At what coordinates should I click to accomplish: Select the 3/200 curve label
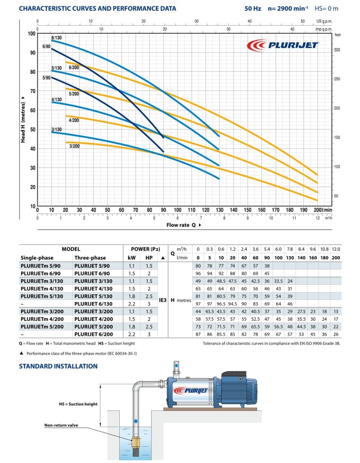[x=74, y=146]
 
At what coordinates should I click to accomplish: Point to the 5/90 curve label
[x=47, y=78]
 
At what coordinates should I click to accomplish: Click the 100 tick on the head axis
[x=31, y=34]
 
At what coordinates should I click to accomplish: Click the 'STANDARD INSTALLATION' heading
[x=58, y=366]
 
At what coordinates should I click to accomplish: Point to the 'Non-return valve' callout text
[x=61, y=425]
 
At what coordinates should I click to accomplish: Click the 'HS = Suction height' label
[x=78, y=404]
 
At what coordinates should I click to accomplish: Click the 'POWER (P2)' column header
[x=145, y=249]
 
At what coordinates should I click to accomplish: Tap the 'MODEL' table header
[x=71, y=249]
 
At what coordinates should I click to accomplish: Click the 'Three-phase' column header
[x=90, y=258]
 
